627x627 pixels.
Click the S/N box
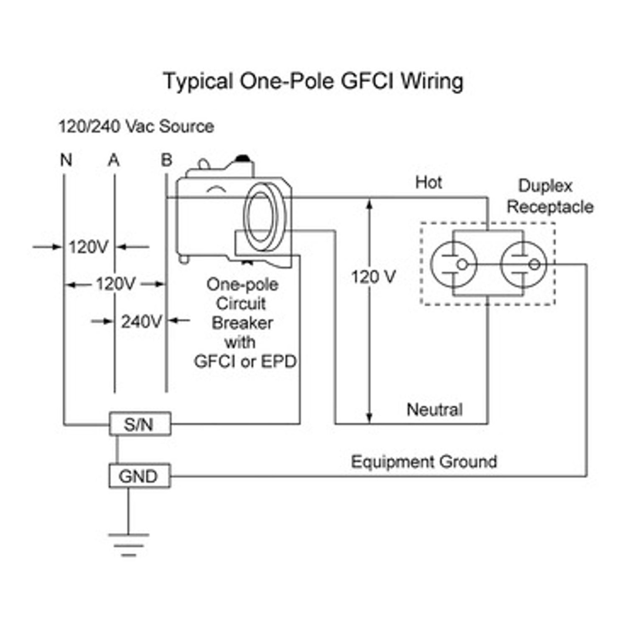point(140,424)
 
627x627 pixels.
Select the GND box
point(139,476)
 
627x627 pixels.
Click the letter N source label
point(66,160)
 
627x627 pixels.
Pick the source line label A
point(114,160)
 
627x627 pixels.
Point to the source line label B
point(166,159)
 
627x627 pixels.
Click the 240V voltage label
point(141,321)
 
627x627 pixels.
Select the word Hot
point(428,182)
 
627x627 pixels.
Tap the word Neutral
point(435,409)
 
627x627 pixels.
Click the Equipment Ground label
point(424,462)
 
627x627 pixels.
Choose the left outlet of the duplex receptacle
point(453,264)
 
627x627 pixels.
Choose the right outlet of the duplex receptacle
point(523,264)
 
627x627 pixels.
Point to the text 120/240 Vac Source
point(136,126)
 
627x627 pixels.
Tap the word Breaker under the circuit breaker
point(242,323)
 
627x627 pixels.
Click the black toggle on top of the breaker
point(241,157)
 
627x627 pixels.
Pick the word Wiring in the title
point(432,82)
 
